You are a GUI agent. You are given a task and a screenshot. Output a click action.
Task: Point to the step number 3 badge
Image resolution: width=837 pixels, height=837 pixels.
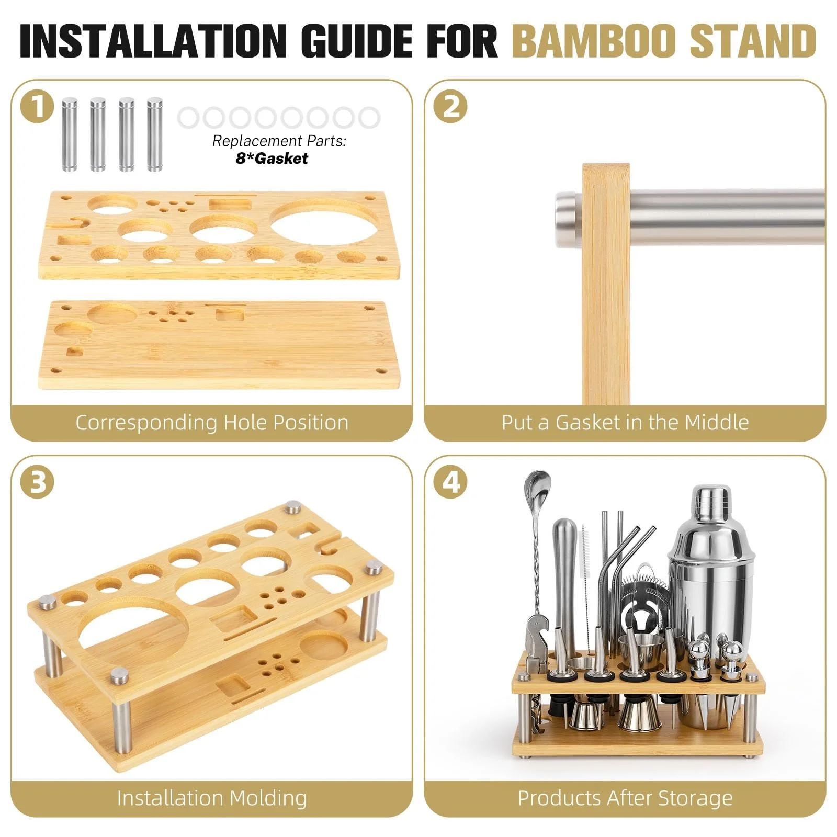tap(37, 482)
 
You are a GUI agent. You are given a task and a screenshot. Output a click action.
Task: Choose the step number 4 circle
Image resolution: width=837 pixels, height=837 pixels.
tap(451, 482)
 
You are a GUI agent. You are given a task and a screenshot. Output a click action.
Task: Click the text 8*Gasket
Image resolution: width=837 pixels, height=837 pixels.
tap(272, 159)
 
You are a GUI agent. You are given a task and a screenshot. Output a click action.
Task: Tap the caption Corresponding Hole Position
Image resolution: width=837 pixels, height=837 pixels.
tap(212, 422)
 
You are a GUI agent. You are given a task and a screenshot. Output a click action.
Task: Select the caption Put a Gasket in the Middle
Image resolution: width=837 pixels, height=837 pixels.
tap(625, 422)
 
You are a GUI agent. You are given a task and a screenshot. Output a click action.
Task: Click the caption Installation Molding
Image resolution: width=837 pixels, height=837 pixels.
tap(212, 798)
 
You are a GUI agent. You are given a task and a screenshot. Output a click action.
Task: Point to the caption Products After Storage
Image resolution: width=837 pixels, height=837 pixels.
tap(625, 798)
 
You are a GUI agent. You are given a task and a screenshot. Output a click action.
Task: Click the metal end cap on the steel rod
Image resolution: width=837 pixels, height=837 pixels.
tap(568, 211)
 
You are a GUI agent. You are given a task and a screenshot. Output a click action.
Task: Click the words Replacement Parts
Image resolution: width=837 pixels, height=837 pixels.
tap(279, 141)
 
